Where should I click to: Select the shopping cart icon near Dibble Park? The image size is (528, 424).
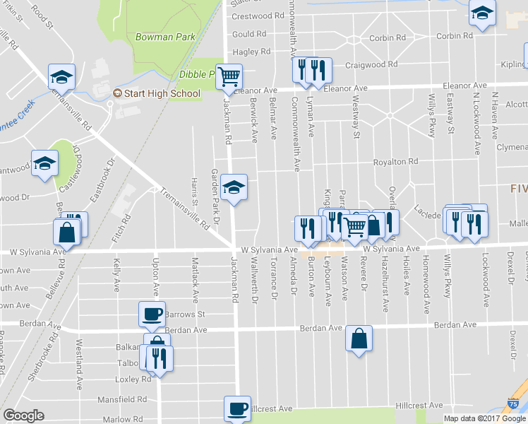pos(229,75)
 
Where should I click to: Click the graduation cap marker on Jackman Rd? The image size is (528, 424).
pos(234,187)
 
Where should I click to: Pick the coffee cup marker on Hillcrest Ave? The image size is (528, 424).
pos(237,408)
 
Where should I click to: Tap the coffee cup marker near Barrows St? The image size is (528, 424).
pos(152,313)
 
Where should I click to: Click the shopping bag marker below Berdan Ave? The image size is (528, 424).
pos(359,338)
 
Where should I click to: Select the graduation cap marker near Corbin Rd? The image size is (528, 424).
pos(483,13)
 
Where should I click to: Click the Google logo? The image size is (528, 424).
pos(23,416)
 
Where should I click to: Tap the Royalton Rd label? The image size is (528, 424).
pos(395,161)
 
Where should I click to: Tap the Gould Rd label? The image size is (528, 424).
pos(248,34)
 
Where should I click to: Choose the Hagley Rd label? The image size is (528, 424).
pos(251,52)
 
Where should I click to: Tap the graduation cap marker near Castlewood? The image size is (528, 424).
pos(44,163)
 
